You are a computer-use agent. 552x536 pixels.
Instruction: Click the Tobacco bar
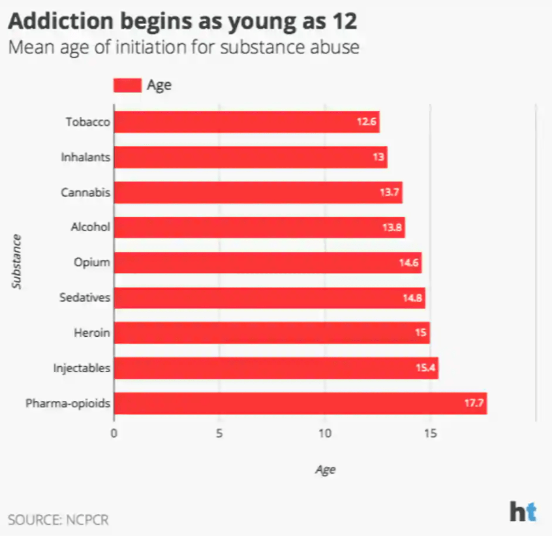pyautogui.click(x=246, y=122)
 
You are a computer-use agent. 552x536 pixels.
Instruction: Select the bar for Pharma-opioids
pyautogui.click(x=300, y=403)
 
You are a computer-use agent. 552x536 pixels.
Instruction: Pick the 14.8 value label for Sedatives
pyautogui.click(x=413, y=298)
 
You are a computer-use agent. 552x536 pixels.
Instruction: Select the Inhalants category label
pyautogui.click(x=85, y=157)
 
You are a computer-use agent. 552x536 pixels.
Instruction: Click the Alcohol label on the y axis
pyautogui.click(x=90, y=228)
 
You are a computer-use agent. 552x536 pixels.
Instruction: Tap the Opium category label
pyautogui.click(x=92, y=263)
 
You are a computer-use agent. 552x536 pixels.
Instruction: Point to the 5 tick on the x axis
pyautogui.click(x=219, y=434)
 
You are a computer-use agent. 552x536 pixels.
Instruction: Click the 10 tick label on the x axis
pyautogui.click(x=324, y=434)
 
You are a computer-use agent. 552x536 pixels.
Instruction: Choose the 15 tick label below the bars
pyautogui.click(x=429, y=434)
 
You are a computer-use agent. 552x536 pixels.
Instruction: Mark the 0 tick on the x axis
pyautogui.click(x=114, y=434)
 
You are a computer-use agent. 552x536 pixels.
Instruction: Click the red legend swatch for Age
pyautogui.click(x=127, y=86)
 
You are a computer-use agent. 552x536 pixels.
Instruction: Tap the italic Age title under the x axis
pyautogui.click(x=324, y=469)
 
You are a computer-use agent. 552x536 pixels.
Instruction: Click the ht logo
pyautogui.click(x=523, y=511)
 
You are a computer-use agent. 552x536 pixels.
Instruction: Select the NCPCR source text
pyautogui.click(x=84, y=520)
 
